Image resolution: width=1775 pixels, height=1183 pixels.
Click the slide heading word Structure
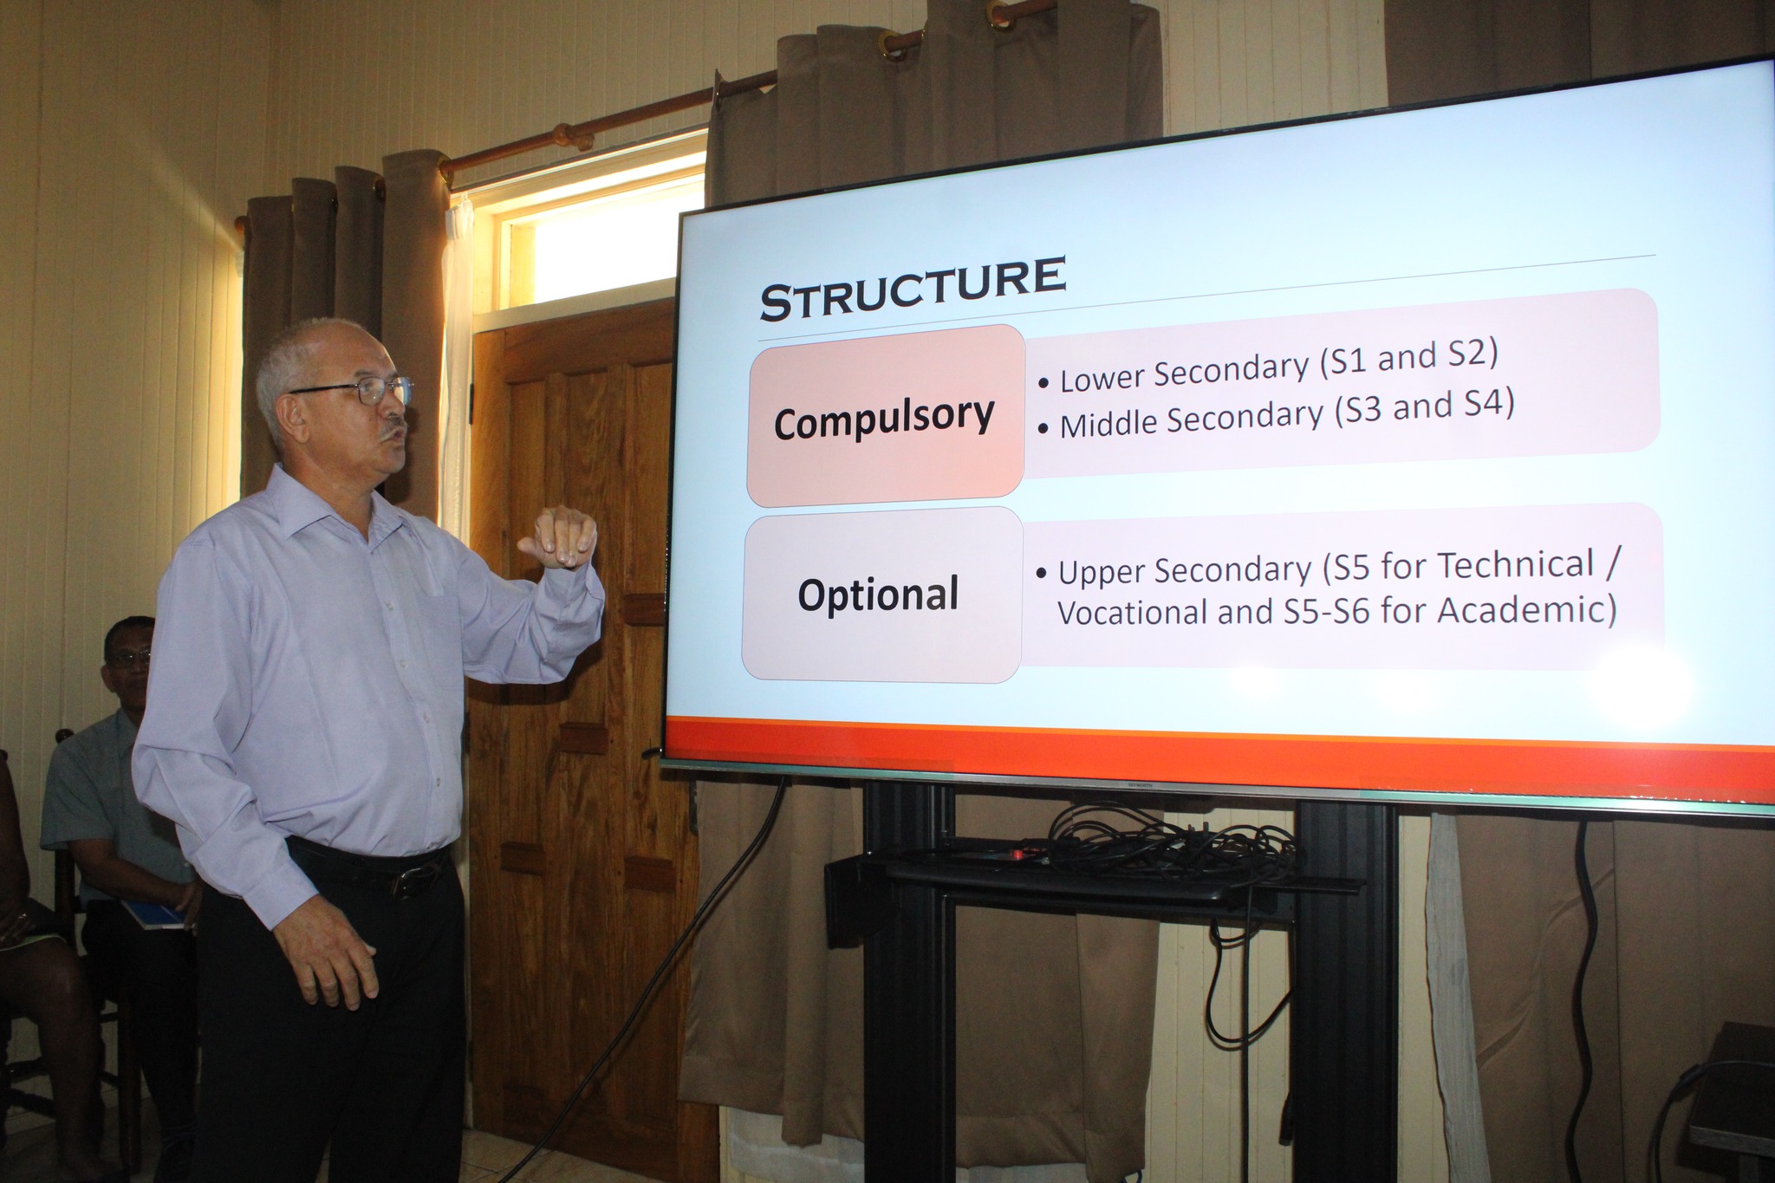pos(912,288)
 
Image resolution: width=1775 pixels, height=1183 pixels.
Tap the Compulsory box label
pos(884,419)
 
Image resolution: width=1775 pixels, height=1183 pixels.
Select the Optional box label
pos(878,595)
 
